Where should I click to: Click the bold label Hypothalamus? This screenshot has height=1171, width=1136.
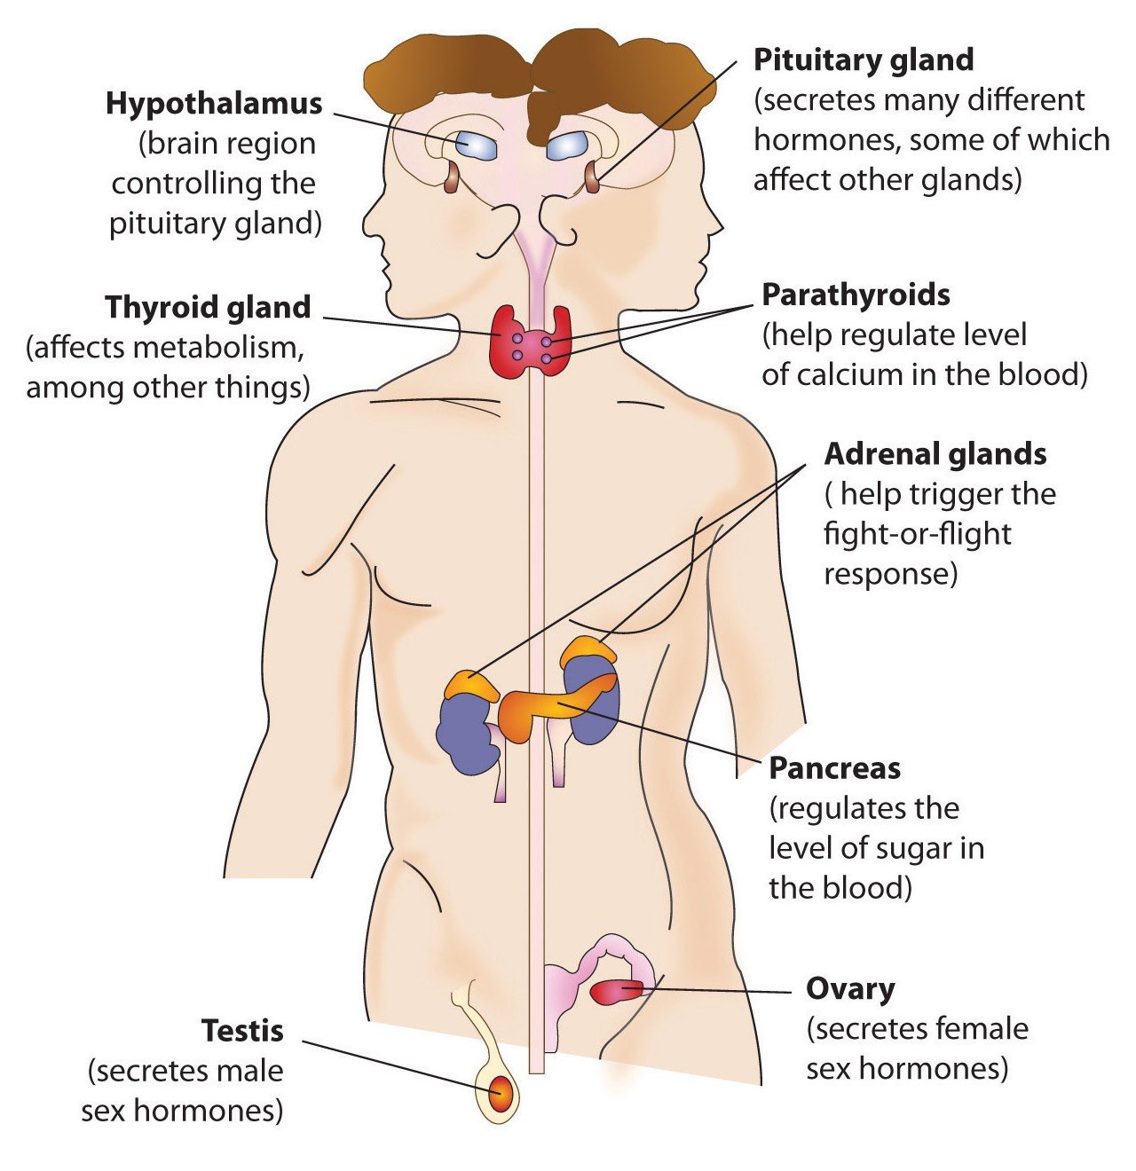214,104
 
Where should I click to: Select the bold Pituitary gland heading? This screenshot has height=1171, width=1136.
863,60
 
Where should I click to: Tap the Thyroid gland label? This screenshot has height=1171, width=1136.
208,308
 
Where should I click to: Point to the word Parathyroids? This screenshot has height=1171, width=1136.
856,295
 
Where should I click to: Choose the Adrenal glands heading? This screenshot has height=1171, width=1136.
935,454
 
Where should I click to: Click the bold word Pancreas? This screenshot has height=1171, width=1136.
834,768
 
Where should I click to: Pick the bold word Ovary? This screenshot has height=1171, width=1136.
849,988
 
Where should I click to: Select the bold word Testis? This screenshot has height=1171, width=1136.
242,1031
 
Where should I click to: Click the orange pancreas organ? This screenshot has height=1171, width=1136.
532,710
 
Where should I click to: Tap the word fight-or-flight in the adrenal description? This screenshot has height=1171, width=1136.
917,534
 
